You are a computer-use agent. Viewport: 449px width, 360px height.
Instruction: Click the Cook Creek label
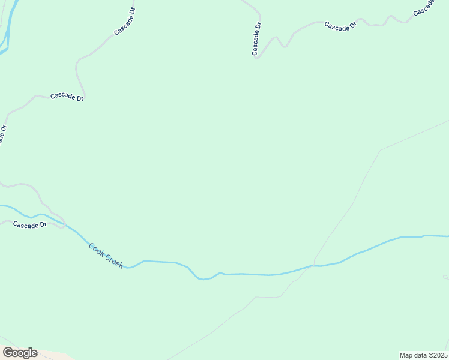[106, 254]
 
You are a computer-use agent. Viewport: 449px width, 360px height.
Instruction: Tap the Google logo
[20, 353]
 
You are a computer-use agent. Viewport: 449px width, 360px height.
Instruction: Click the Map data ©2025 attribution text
[424, 355]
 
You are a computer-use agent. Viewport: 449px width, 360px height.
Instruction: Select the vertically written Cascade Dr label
[256, 39]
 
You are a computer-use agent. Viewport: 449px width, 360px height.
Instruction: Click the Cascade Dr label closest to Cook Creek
[29, 225]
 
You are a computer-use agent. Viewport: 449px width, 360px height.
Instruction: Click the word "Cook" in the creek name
[96, 248]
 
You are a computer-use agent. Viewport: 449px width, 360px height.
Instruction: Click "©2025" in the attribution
[437, 355]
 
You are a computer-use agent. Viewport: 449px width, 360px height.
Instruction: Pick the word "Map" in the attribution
[406, 355]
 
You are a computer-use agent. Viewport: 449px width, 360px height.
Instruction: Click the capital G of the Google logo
[8, 352]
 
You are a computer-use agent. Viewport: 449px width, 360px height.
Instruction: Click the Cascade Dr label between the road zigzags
[340, 26]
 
